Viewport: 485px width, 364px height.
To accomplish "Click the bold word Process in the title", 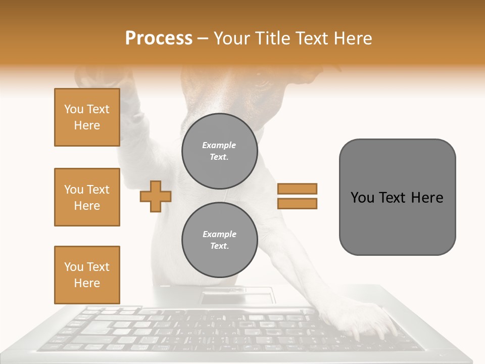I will [x=159, y=38].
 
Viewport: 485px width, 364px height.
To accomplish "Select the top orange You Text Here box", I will [x=87, y=117].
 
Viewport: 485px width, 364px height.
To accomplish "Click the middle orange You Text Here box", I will [x=87, y=197].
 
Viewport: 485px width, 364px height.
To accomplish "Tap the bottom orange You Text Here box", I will [x=87, y=275].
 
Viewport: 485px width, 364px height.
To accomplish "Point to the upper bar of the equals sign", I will [x=297, y=189].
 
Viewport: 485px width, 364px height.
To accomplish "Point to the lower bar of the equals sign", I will [x=297, y=203].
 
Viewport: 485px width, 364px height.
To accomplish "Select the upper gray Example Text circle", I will [x=219, y=151].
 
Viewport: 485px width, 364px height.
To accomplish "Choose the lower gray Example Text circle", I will [x=219, y=240].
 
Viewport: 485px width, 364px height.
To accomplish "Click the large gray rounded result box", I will [x=397, y=197].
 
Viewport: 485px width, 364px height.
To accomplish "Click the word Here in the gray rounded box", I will [x=427, y=198].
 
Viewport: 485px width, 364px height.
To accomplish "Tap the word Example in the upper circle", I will [x=219, y=145].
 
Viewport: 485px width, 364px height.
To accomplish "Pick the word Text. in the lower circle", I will [x=219, y=246].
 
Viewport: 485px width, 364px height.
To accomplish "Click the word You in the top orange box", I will [x=73, y=109].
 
